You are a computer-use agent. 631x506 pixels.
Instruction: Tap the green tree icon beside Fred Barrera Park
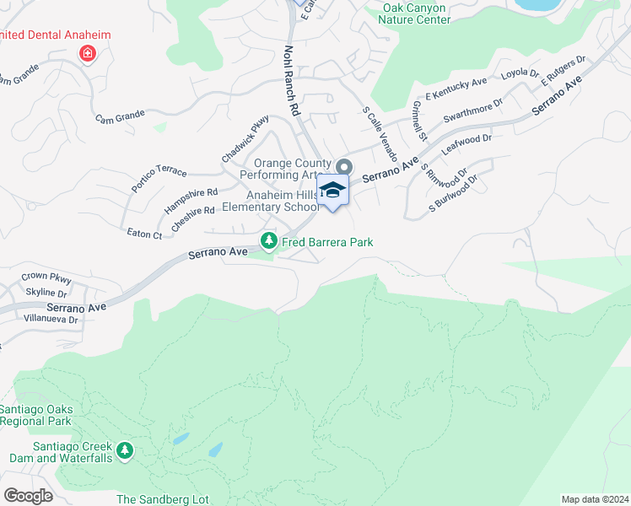[269, 242]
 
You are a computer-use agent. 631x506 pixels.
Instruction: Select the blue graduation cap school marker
[332, 191]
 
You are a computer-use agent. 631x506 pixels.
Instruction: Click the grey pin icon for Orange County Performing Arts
[343, 164]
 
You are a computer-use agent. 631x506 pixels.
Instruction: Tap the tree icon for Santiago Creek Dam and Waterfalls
[125, 451]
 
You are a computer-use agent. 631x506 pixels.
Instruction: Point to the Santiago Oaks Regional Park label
[36, 415]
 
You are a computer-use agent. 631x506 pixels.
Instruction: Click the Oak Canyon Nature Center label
[416, 13]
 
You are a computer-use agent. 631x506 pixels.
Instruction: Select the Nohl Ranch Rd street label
[292, 80]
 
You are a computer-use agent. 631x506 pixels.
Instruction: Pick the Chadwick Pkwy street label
[245, 138]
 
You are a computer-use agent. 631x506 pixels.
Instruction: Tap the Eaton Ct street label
[143, 234]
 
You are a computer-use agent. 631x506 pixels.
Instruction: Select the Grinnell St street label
[418, 121]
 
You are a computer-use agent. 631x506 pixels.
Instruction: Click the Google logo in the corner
[28, 495]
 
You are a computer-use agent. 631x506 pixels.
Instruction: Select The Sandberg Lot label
[163, 499]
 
